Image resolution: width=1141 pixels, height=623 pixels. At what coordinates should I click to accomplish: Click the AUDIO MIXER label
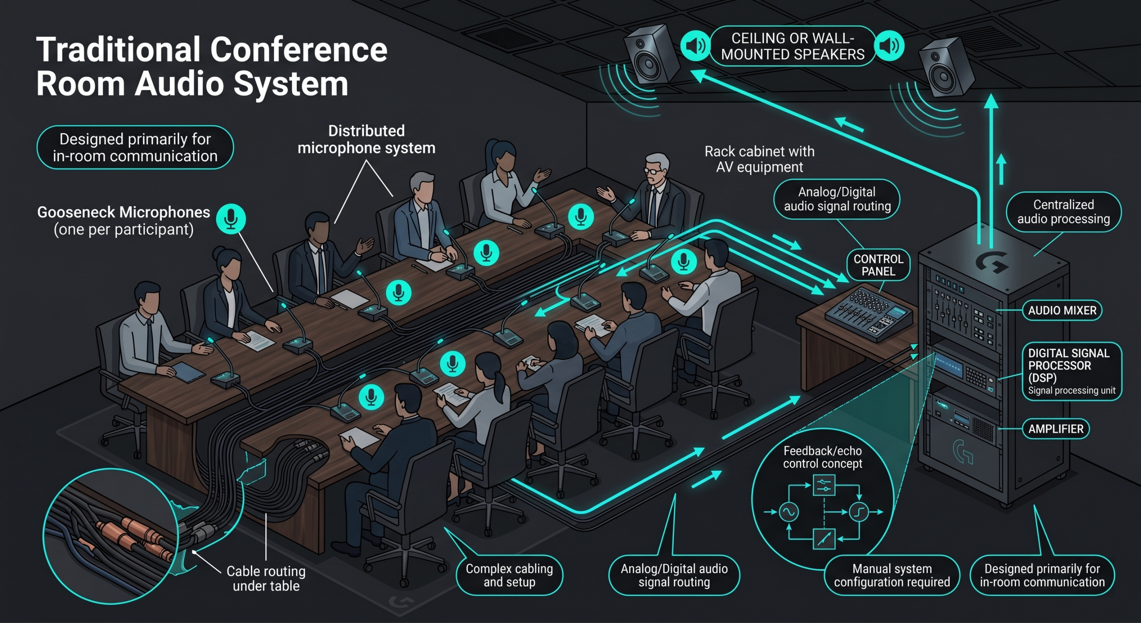tap(1062, 310)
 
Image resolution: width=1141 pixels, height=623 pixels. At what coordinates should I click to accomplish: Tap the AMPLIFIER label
tap(1055, 429)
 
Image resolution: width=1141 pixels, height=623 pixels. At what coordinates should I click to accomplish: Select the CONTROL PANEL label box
tap(878, 265)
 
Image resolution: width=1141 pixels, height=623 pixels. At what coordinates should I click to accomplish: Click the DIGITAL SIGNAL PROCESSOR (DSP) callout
tap(1071, 371)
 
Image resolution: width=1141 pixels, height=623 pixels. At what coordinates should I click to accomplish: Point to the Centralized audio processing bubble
tap(1063, 212)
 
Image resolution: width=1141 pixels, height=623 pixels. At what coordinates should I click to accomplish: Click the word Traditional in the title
tap(118, 50)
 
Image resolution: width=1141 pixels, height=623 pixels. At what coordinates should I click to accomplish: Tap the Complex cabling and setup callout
tap(509, 575)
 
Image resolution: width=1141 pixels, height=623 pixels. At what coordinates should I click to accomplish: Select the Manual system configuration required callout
tap(892, 575)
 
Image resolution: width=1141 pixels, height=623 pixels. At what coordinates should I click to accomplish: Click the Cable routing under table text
tap(266, 578)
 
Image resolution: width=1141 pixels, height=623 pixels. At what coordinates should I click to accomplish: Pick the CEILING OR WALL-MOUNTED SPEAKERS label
tap(792, 46)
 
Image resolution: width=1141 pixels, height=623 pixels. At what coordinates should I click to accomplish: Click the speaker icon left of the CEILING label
tap(695, 46)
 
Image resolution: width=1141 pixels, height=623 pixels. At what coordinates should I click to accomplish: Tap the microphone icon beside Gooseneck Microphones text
tap(231, 219)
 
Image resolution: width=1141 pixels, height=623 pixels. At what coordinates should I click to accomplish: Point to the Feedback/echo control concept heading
tap(822, 457)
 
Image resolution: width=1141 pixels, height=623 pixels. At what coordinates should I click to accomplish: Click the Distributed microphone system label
tap(366, 139)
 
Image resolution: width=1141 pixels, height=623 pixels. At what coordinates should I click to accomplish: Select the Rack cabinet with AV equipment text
tap(759, 159)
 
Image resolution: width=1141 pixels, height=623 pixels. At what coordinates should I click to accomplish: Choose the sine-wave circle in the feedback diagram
tap(788, 512)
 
